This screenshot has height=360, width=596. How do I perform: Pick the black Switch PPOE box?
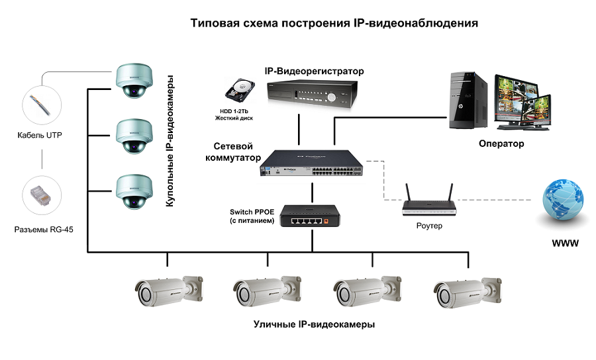(x=305, y=216)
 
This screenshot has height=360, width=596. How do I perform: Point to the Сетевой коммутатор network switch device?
(x=311, y=165)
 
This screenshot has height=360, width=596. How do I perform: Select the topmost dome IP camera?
(x=132, y=80)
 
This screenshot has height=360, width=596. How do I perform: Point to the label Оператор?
(x=501, y=144)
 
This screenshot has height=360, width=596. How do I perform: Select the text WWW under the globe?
(x=565, y=244)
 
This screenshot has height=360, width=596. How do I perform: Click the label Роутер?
(x=430, y=226)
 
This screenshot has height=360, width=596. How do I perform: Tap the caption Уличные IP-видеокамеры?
(x=314, y=325)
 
